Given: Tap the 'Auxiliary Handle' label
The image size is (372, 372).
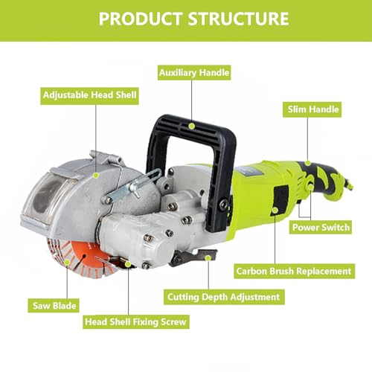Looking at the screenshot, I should pos(193,73).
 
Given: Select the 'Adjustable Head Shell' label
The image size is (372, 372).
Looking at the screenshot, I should pos(89,95).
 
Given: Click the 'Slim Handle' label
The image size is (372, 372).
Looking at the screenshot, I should pos(314,110).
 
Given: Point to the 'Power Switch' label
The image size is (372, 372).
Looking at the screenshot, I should pos(321,226).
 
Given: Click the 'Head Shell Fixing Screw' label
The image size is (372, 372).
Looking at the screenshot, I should pos(136,321).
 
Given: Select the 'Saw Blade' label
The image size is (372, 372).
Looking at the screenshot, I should pos(54,304).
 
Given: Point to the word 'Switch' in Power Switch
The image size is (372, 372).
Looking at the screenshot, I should pos(335,226).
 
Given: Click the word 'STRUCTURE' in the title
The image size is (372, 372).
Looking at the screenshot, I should pos(237,18).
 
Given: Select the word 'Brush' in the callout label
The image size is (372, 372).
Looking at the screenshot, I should pos(287,271).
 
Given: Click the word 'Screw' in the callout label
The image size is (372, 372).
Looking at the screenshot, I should pos(171,321).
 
